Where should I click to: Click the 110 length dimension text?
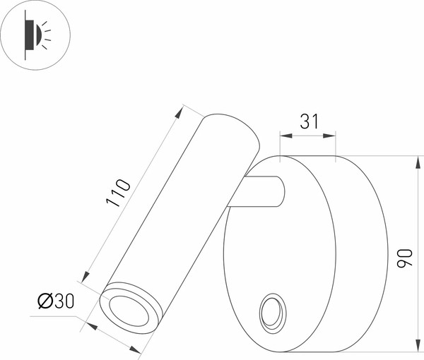[118, 193]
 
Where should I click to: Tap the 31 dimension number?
[309, 121]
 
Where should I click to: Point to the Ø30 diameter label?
[55, 301]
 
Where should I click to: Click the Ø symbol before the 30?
[44, 301]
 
